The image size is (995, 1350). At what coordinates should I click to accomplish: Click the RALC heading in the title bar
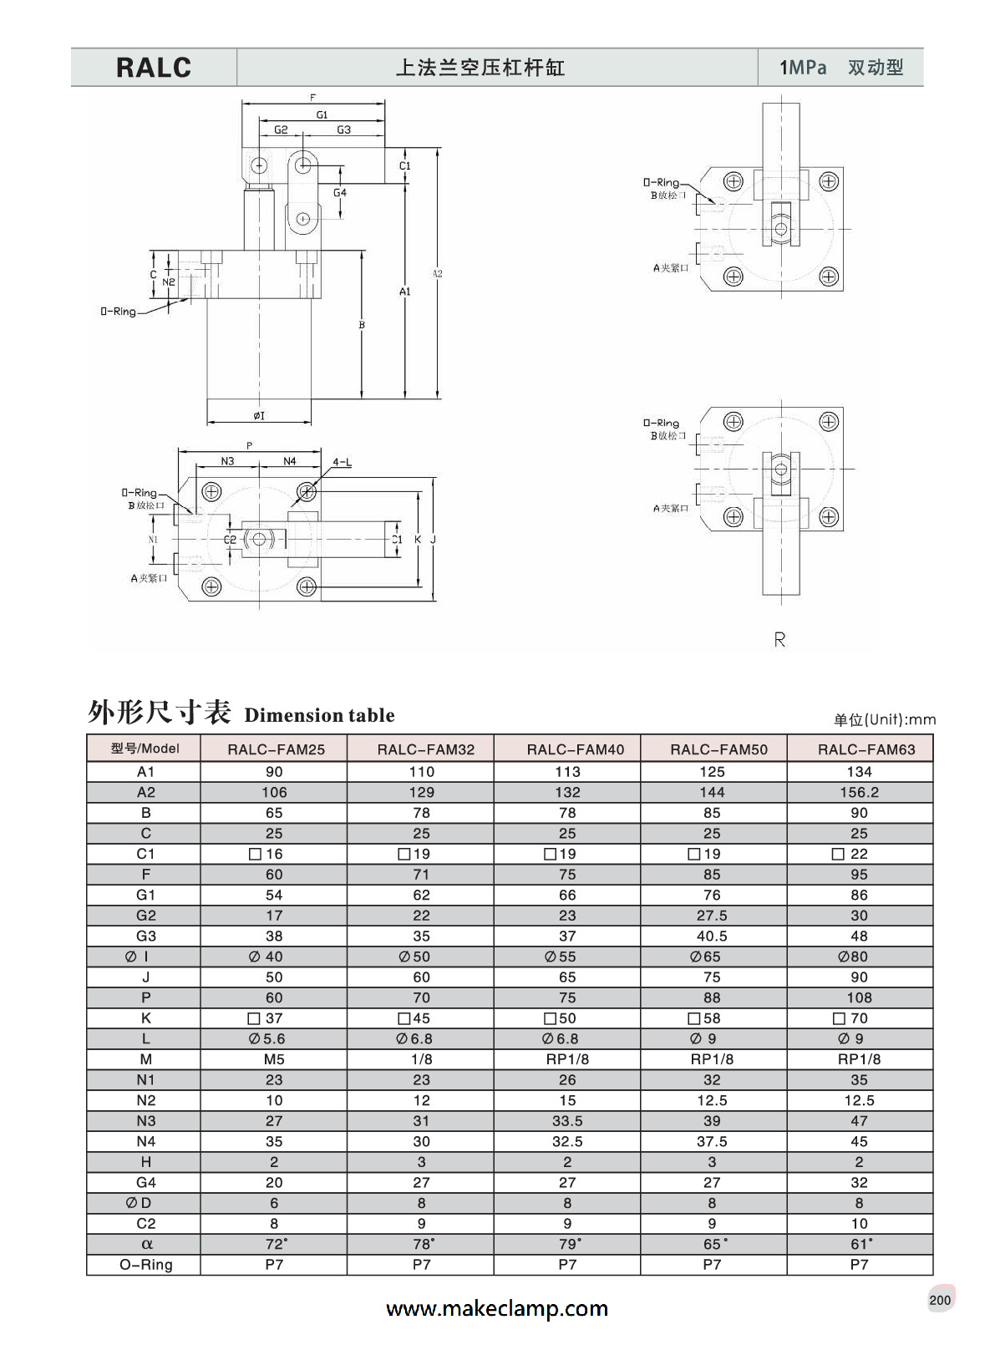(x=154, y=68)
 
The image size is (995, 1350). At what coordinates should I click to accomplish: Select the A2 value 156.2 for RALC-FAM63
(x=859, y=792)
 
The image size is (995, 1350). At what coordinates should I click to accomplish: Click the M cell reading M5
(x=274, y=1059)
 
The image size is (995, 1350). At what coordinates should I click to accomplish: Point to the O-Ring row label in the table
(x=146, y=1265)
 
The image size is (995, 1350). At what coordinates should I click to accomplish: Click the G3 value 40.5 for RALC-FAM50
(x=712, y=936)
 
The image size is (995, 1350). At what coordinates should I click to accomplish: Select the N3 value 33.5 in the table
(x=567, y=1121)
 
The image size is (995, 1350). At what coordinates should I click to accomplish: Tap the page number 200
(x=940, y=1300)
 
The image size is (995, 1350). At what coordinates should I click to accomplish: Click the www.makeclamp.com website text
(x=497, y=1308)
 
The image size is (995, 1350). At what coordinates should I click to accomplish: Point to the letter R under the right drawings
(x=779, y=640)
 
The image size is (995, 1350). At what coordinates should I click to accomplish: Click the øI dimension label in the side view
(x=259, y=415)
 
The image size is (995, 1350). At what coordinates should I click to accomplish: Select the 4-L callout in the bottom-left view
(x=342, y=462)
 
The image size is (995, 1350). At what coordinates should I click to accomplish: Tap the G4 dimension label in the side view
(x=340, y=193)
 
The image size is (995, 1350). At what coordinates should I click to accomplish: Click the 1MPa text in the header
(x=803, y=68)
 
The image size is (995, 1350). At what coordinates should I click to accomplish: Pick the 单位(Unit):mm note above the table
(x=884, y=719)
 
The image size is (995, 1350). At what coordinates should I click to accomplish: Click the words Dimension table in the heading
(x=319, y=715)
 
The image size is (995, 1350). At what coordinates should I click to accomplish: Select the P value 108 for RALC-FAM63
(x=859, y=997)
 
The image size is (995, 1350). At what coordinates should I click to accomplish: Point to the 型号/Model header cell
(x=145, y=749)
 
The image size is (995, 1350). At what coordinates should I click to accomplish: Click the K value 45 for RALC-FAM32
(x=420, y=1018)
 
